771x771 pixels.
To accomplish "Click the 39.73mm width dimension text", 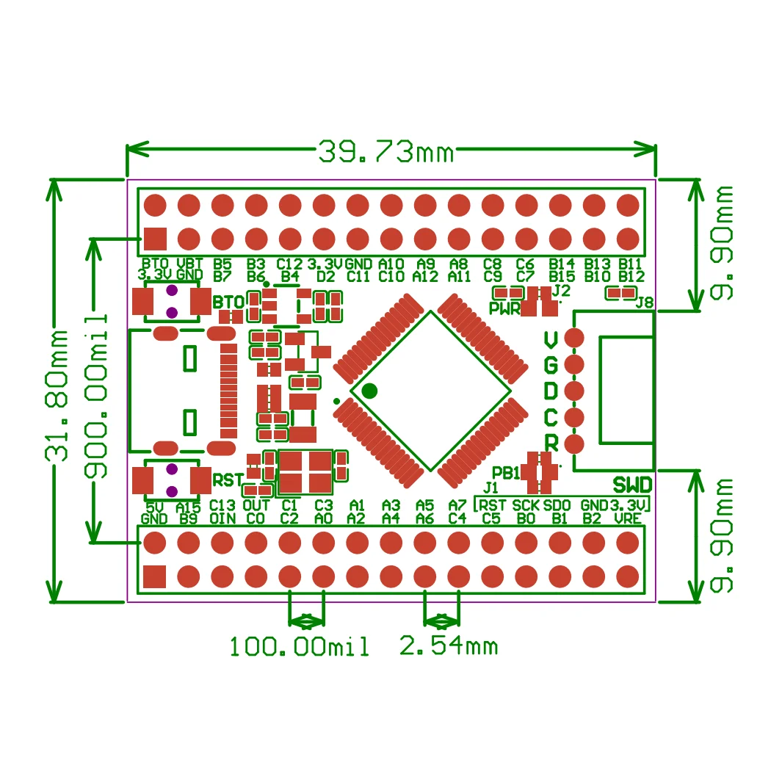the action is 386,151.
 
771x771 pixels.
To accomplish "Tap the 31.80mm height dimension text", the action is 57,396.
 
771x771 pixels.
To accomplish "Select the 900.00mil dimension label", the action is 95,396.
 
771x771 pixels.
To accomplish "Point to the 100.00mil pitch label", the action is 299,646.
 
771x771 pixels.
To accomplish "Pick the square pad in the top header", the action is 155,239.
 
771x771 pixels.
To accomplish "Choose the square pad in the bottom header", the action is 154,576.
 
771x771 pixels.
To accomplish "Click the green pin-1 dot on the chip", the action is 369,391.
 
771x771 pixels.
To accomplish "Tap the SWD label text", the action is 632,485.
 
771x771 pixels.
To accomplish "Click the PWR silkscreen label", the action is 504,308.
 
